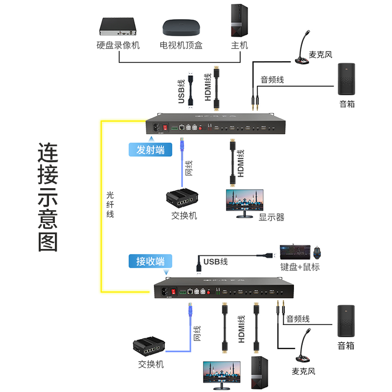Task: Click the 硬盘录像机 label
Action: click(118, 46)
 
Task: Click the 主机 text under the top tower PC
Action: click(239, 46)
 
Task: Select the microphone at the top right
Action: click(303, 49)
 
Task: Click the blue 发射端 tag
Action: click(150, 149)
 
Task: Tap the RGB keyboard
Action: click(294, 252)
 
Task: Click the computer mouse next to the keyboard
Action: click(318, 252)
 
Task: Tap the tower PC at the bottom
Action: click(259, 373)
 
